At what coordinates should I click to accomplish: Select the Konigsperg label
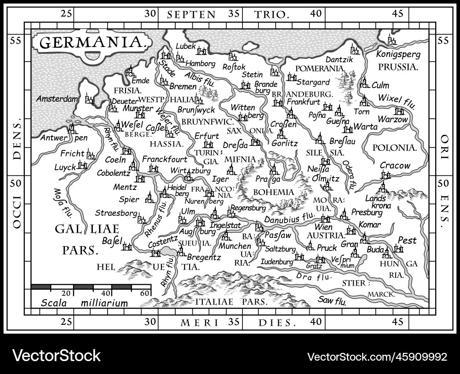pyautogui.click(x=398, y=54)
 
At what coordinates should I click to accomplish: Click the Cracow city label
pyautogui.click(x=395, y=166)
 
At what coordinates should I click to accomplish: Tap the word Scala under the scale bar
pyautogui.click(x=54, y=303)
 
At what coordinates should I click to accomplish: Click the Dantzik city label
pyautogui.click(x=339, y=59)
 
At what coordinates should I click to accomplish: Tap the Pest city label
pyautogui.click(x=407, y=241)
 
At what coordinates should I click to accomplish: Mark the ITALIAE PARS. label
pyautogui.click(x=231, y=302)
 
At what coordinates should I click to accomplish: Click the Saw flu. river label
pyautogui.click(x=332, y=301)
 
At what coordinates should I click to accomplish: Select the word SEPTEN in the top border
pyautogui.click(x=191, y=14)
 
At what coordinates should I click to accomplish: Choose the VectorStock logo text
pyautogui.click(x=56, y=355)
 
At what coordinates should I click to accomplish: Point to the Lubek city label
pyautogui.click(x=185, y=46)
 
